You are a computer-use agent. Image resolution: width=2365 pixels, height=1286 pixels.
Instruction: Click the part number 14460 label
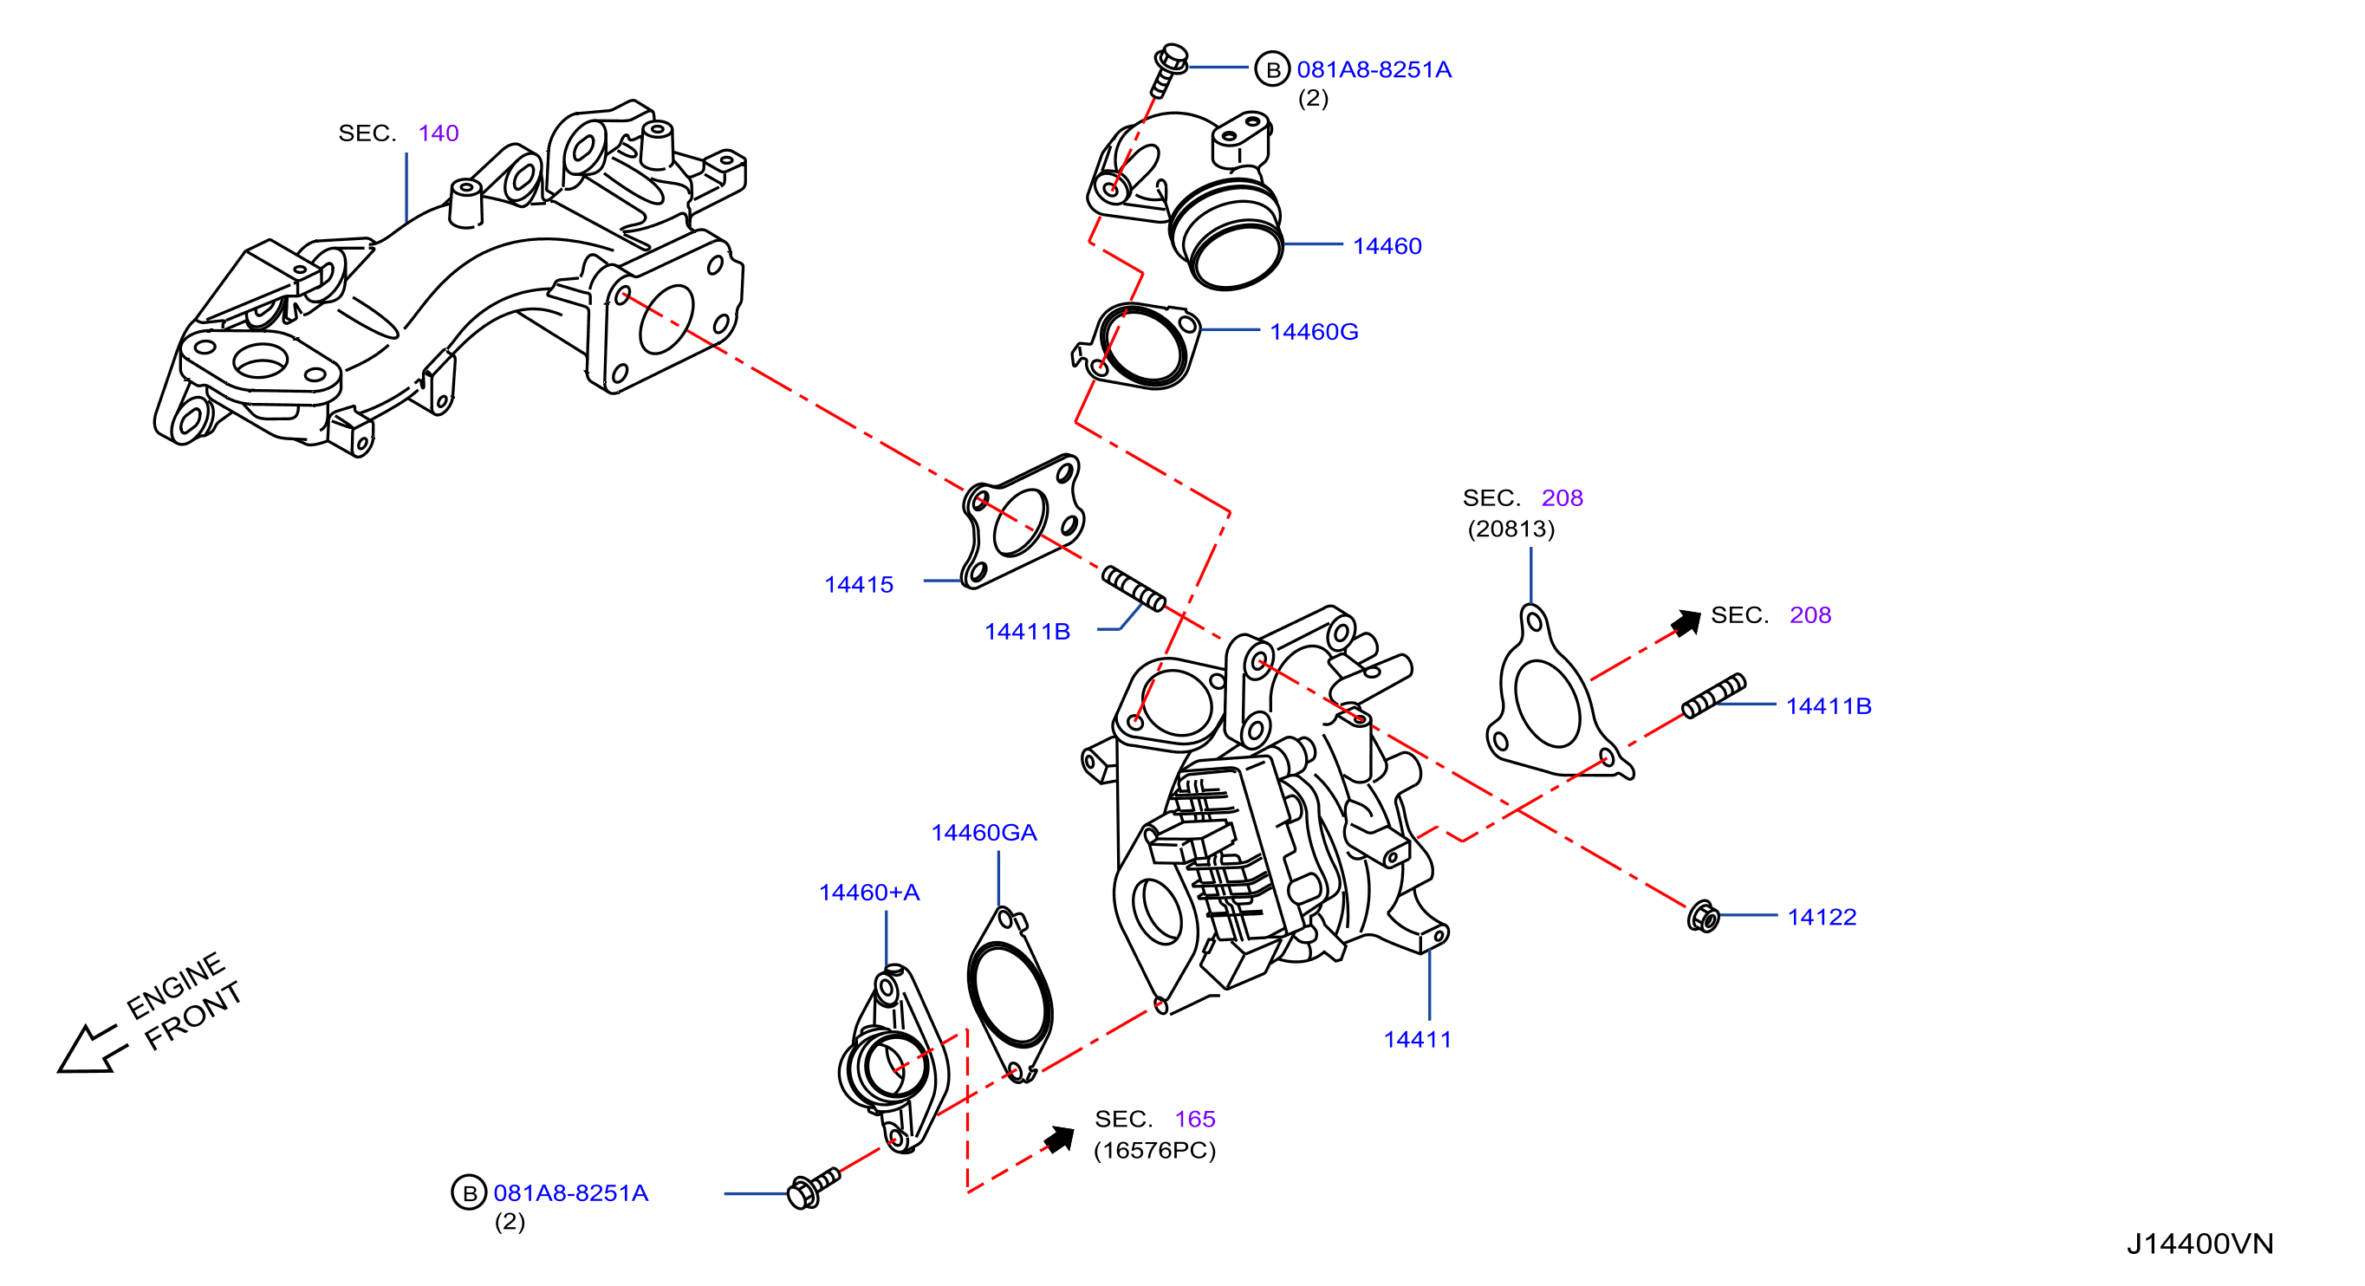tap(1387, 246)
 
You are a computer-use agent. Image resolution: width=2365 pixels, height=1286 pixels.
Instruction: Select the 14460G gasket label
tap(1314, 331)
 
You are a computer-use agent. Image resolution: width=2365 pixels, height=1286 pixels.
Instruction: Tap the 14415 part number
tap(859, 585)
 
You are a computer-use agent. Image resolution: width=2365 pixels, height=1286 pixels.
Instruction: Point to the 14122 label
tap(1822, 917)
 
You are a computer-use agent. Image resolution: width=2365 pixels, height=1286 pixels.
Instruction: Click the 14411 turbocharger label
tap(1418, 1040)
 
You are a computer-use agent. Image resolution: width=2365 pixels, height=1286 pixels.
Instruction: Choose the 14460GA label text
tap(984, 833)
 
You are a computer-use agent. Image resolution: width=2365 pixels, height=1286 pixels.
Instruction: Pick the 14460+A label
tap(868, 893)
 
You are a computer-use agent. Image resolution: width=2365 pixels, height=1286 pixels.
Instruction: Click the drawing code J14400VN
tap(2199, 1244)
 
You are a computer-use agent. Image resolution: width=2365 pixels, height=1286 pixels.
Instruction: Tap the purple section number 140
tap(438, 133)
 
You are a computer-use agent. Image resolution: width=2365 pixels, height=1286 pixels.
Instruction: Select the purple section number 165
tap(1194, 1119)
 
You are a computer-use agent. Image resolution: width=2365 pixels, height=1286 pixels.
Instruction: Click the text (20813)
tap(1511, 529)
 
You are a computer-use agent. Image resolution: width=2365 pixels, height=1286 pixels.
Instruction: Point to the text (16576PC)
tap(1154, 1150)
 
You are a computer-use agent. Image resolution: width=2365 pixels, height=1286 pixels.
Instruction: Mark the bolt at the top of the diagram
tap(1169, 67)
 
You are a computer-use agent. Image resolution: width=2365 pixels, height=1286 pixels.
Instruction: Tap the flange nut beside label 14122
tap(1703, 916)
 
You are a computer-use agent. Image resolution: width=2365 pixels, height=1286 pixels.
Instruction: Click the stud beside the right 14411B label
tap(1713, 695)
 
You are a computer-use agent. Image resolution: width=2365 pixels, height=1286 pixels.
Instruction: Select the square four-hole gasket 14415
tap(1022, 520)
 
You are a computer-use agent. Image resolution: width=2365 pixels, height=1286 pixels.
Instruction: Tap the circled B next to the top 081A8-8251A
tap(1272, 68)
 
